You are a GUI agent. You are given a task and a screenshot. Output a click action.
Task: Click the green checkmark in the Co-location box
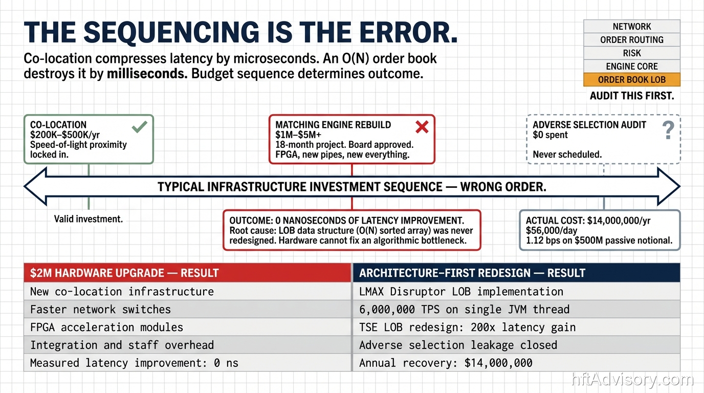[x=140, y=127]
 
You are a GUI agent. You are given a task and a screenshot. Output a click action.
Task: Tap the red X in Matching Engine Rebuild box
[x=422, y=127]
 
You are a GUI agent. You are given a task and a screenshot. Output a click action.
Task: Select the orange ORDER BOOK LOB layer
[x=632, y=79]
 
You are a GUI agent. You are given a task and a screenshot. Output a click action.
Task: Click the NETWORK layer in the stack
[x=632, y=27]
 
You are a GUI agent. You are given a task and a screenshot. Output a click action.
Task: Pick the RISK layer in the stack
[x=632, y=53]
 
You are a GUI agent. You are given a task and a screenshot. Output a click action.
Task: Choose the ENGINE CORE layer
[x=632, y=67]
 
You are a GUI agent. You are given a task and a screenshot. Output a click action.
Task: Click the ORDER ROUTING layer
[x=632, y=40]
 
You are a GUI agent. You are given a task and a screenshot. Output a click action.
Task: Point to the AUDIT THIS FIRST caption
[x=632, y=96]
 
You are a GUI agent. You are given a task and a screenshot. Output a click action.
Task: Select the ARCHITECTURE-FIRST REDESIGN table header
[x=516, y=273]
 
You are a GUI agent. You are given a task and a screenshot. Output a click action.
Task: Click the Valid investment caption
[x=89, y=219]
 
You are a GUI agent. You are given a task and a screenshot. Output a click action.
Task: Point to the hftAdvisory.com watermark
[x=632, y=379]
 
